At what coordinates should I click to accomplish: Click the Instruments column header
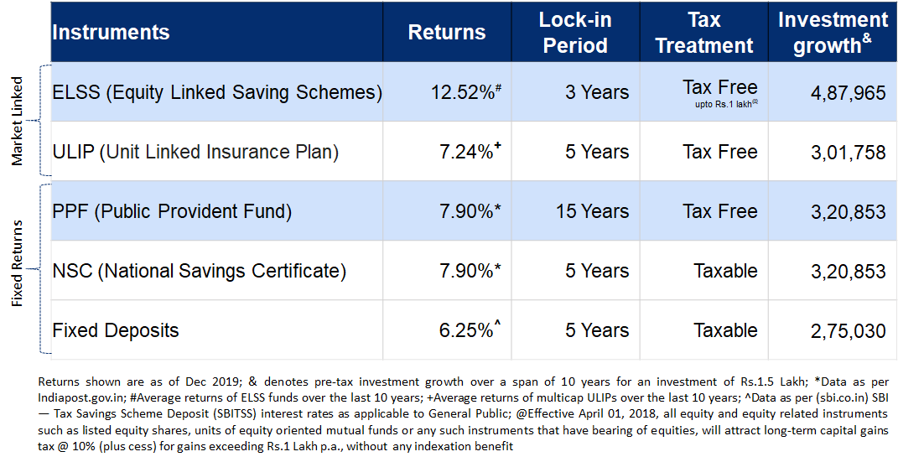[111, 33]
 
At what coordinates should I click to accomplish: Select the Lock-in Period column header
[574, 33]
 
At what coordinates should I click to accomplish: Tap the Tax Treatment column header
[704, 33]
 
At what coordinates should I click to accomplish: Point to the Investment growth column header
[833, 33]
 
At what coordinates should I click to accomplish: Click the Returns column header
[446, 33]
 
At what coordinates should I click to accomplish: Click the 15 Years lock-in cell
[592, 211]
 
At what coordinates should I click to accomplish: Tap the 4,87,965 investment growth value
[848, 92]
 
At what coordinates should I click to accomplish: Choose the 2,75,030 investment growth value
[848, 331]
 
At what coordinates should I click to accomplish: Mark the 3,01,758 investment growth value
[848, 152]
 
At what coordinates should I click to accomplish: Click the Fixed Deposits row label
[116, 330]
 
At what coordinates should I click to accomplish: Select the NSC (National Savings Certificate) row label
[199, 271]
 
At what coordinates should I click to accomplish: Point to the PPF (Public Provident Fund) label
[172, 211]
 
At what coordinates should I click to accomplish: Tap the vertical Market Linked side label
[18, 122]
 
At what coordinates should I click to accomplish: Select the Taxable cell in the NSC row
[725, 271]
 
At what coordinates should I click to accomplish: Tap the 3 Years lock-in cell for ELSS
[596, 92]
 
